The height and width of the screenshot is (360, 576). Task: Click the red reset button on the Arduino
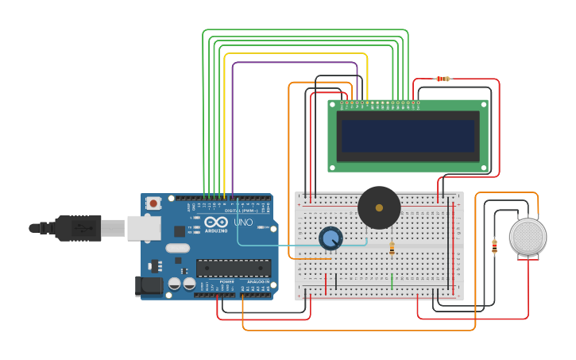click(x=153, y=203)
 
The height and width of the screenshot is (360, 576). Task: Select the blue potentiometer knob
click(x=331, y=238)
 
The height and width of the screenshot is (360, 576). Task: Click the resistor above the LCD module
click(x=443, y=79)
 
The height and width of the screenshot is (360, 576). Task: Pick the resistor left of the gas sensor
click(x=494, y=247)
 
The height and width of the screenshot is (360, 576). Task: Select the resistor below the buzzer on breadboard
click(x=392, y=249)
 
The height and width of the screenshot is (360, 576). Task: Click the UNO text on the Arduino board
click(x=243, y=223)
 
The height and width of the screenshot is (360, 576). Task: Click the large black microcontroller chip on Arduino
click(x=234, y=269)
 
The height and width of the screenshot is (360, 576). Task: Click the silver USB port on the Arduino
click(x=144, y=228)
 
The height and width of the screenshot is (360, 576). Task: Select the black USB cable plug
click(x=79, y=228)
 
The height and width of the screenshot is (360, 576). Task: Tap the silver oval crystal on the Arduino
click(x=177, y=248)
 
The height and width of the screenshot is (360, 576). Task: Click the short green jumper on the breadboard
click(x=392, y=281)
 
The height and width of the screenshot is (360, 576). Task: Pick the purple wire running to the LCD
click(x=294, y=63)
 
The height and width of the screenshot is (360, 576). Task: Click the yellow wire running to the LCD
click(x=294, y=54)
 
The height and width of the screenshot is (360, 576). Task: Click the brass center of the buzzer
click(x=379, y=207)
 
